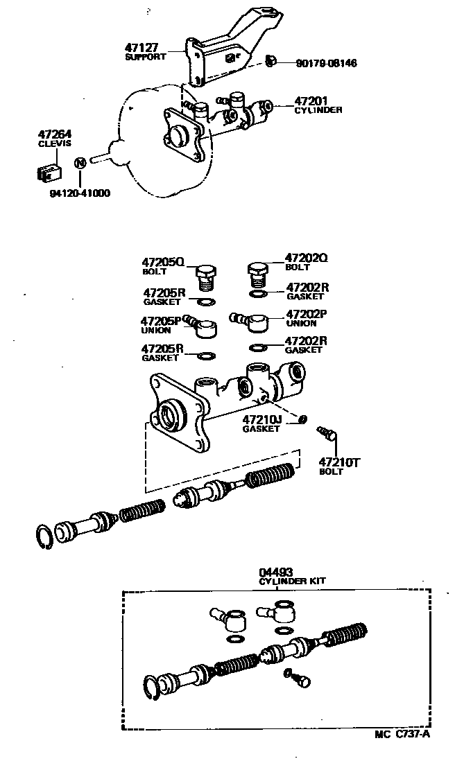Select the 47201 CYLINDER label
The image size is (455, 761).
click(x=318, y=105)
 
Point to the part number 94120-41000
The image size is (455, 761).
click(x=80, y=193)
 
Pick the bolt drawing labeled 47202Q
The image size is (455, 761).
click(x=257, y=275)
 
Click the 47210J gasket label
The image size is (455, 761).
click(x=261, y=423)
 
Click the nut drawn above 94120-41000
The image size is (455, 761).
click(x=80, y=163)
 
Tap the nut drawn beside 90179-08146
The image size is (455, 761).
click(x=271, y=62)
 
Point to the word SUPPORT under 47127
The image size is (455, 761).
click(x=145, y=57)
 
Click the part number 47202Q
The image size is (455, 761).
click(x=305, y=258)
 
